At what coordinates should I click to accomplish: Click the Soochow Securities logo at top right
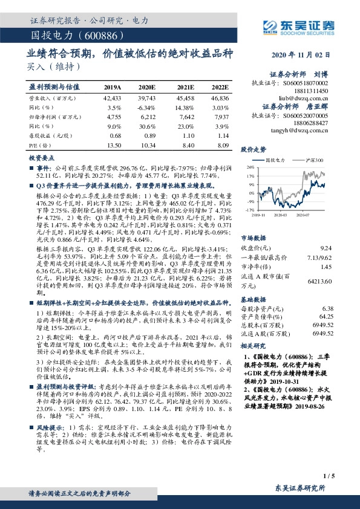coord(298,26)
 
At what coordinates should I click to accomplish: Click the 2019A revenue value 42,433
coord(113,97)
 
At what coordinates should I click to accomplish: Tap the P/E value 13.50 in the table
coord(113,146)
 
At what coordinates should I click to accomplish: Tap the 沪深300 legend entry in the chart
coord(313,160)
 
